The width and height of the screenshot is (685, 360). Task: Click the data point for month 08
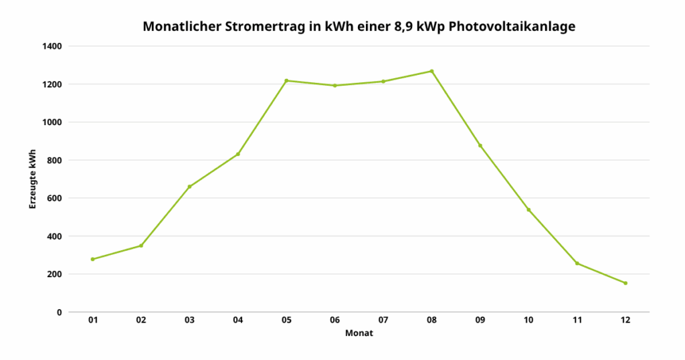coord(431,71)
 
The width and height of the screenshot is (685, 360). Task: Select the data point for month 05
coord(286,80)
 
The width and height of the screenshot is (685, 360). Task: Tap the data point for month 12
coord(625,283)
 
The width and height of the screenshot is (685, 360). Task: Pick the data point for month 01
coord(92,259)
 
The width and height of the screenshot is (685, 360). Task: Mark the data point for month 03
coord(189,187)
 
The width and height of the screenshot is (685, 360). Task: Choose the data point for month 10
coord(528,210)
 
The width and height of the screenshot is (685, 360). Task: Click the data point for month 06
coord(334,86)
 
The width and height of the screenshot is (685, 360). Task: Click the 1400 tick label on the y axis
coord(53,46)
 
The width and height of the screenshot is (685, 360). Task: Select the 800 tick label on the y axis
coord(55,161)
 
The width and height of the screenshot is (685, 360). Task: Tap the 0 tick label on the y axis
coord(60,312)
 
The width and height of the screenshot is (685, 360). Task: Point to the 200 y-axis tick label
coord(55,274)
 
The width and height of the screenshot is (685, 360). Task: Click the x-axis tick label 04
coord(237,321)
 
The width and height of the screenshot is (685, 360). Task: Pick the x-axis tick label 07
coord(383,321)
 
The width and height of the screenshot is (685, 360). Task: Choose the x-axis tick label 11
coord(577,321)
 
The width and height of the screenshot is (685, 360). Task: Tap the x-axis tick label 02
coord(141,321)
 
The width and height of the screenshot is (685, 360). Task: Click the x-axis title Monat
coord(359,333)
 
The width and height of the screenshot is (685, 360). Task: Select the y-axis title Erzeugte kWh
coord(32,179)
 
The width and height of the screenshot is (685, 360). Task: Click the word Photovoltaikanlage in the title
coord(511,27)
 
